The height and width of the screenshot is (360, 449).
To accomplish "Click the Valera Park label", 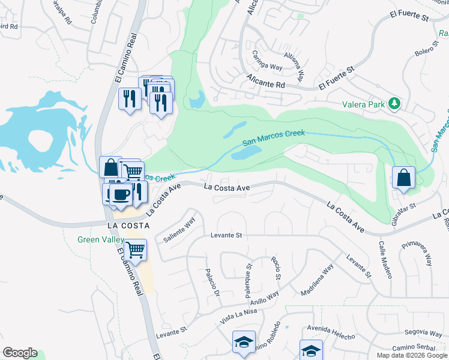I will point(363,104).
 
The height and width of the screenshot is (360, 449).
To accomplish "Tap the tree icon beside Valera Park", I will point(394,103).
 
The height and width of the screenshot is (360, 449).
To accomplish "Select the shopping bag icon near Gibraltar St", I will point(404,178).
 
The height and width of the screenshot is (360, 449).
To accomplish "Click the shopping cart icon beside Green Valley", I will point(136,249).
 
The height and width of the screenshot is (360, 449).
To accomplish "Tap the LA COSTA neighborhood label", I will point(127,226).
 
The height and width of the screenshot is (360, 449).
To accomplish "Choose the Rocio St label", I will point(276,268).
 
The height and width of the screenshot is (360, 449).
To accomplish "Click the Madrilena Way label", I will point(318,281).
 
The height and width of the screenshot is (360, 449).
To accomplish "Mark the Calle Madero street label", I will point(384,260).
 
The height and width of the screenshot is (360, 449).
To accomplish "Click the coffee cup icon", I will point(121,194).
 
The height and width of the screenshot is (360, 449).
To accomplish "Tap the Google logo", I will point(20,353).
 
